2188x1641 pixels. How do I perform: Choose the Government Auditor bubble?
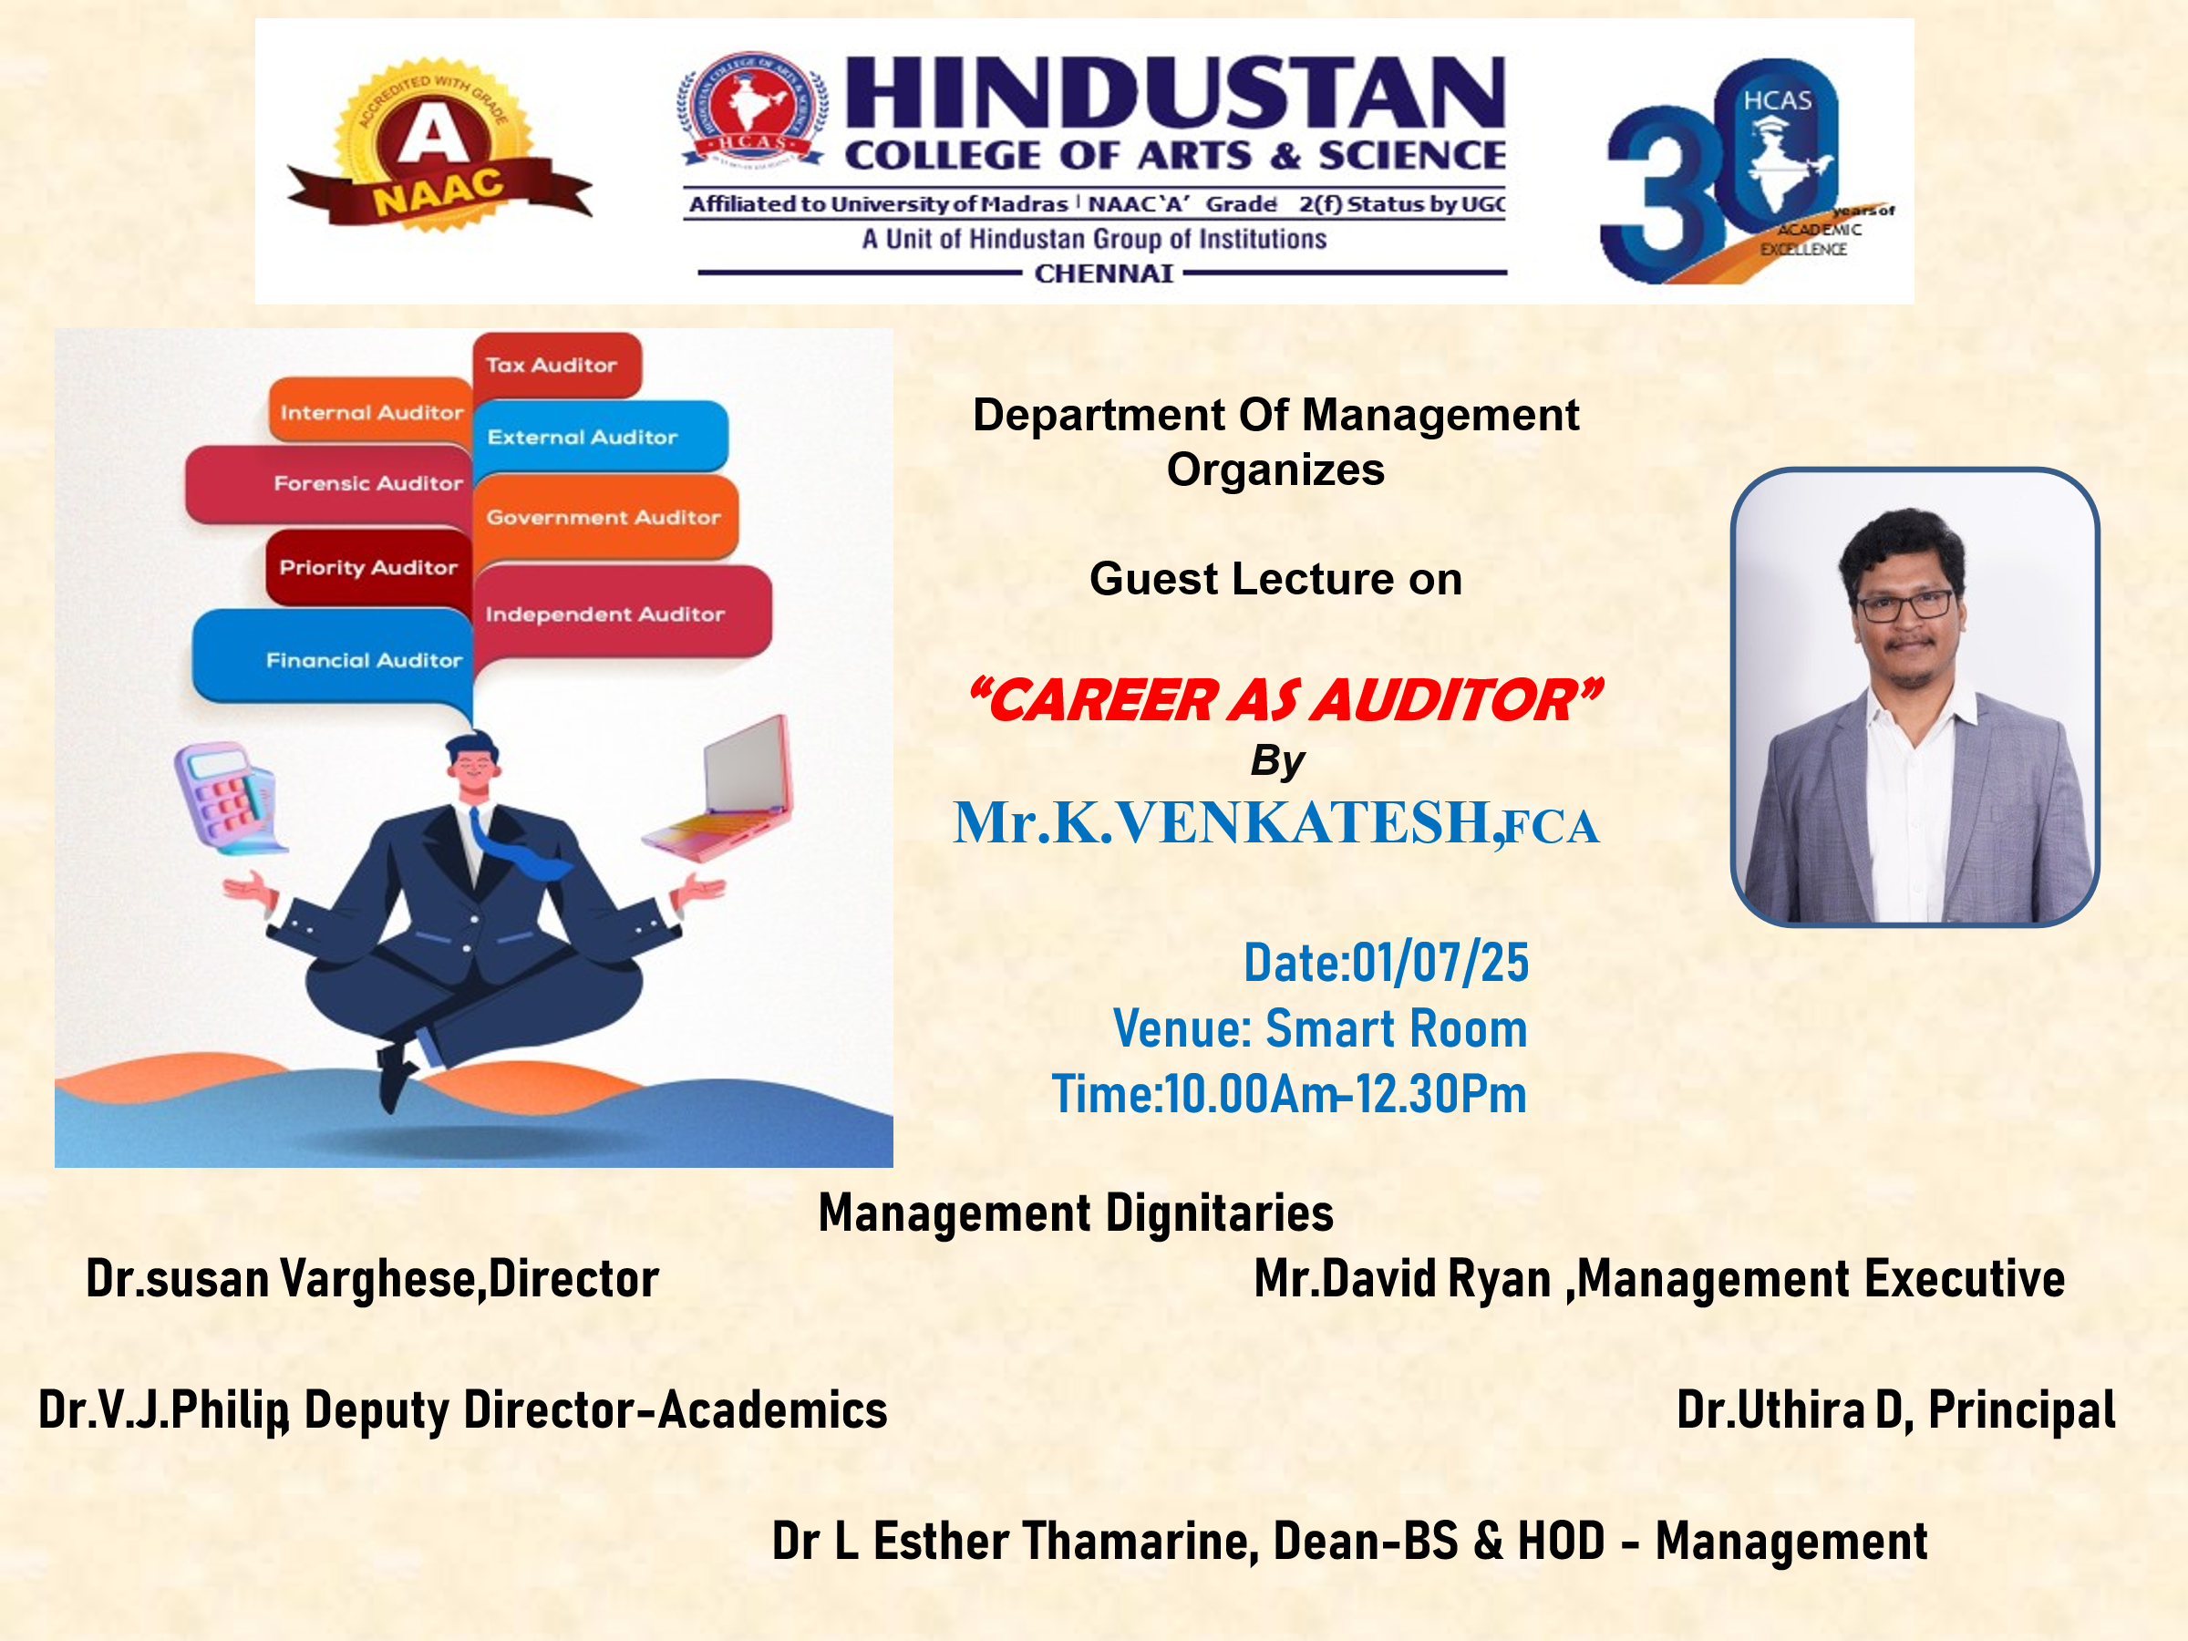pyautogui.click(x=604, y=517)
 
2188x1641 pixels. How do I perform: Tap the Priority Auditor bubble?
pyautogui.click(x=368, y=567)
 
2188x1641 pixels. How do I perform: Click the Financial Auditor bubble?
pyautogui.click(x=336, y=659)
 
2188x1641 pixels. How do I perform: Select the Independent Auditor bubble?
pyautogui.click(x=618, y=614)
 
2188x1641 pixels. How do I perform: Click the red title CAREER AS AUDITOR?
pyautogui.click(x=1284, y=699)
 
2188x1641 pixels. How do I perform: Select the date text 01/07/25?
pyautogui.click(x=1440, y=963)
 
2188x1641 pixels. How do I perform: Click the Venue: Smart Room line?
pyautogui.click(x=1319, y=1027)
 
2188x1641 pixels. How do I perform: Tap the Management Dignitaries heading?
pyautogui.click(x=1075, y=1213)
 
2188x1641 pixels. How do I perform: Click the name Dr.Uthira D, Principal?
pyautogui.click(x=1895, y=1409)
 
